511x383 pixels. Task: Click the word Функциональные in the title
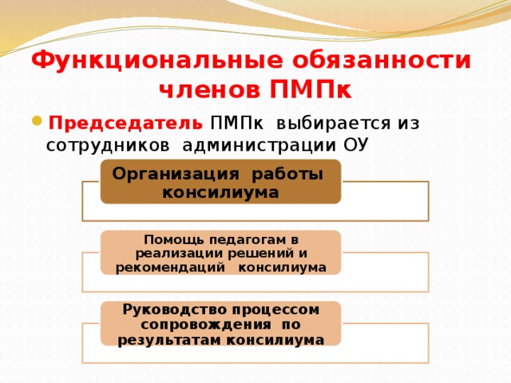coord(157,61)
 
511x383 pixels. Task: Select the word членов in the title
coord(211,89)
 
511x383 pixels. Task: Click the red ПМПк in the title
coord(311,89)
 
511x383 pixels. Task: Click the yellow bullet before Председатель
coord(38,121)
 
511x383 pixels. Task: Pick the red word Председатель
coord(125,124)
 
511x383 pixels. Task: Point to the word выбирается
coord(334,124)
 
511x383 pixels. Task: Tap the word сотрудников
coord(108,145)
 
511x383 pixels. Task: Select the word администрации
coord(259,145)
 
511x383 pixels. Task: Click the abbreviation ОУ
coord(356,145)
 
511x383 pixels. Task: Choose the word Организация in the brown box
coord(176,174)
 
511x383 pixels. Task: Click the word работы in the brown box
coord(287,174)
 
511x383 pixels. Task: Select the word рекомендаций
coord(170,267)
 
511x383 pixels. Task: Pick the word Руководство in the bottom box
coord(175,310)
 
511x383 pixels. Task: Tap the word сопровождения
coord(206,325)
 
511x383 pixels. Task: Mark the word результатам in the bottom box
coord(170,341)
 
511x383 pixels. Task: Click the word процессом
coord(275,310)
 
